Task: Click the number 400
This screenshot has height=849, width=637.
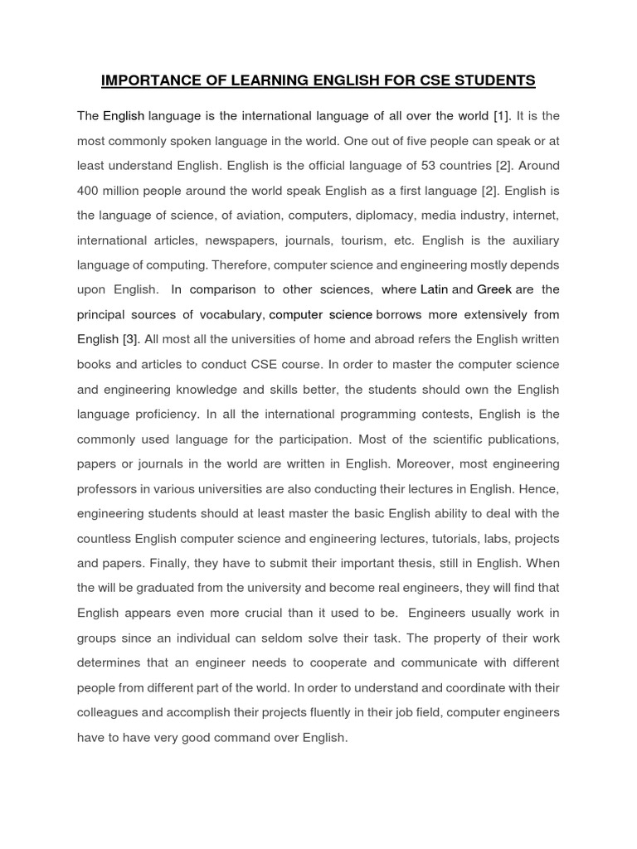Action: (x=88, y=191)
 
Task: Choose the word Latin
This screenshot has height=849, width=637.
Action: (x=434, y=290)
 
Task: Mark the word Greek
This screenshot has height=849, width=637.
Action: (x=494, y=290)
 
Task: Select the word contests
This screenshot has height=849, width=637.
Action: (x=430, y=415)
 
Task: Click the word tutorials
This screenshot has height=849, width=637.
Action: (x=456, y=539)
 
